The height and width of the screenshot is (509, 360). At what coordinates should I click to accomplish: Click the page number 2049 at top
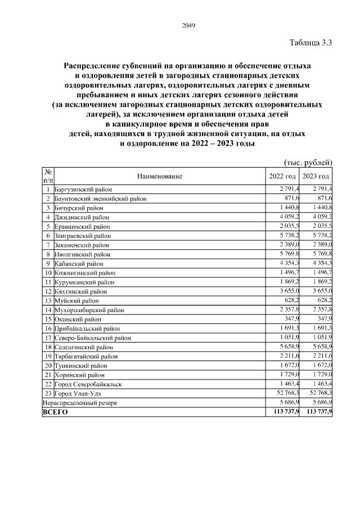[188, 25]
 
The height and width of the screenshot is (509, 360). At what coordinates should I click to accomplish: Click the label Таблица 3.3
[311, 43]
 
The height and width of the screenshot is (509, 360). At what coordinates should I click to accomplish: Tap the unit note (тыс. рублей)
[308, 163]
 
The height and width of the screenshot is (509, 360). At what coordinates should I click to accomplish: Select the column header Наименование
[160, 177]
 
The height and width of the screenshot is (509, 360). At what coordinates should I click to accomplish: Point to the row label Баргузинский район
[83, 190]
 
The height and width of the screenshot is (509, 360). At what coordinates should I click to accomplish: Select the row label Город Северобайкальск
[88, 384]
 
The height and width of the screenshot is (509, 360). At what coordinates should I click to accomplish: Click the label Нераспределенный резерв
[79, 402]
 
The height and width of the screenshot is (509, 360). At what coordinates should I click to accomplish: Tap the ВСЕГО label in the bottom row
[55, 412]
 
